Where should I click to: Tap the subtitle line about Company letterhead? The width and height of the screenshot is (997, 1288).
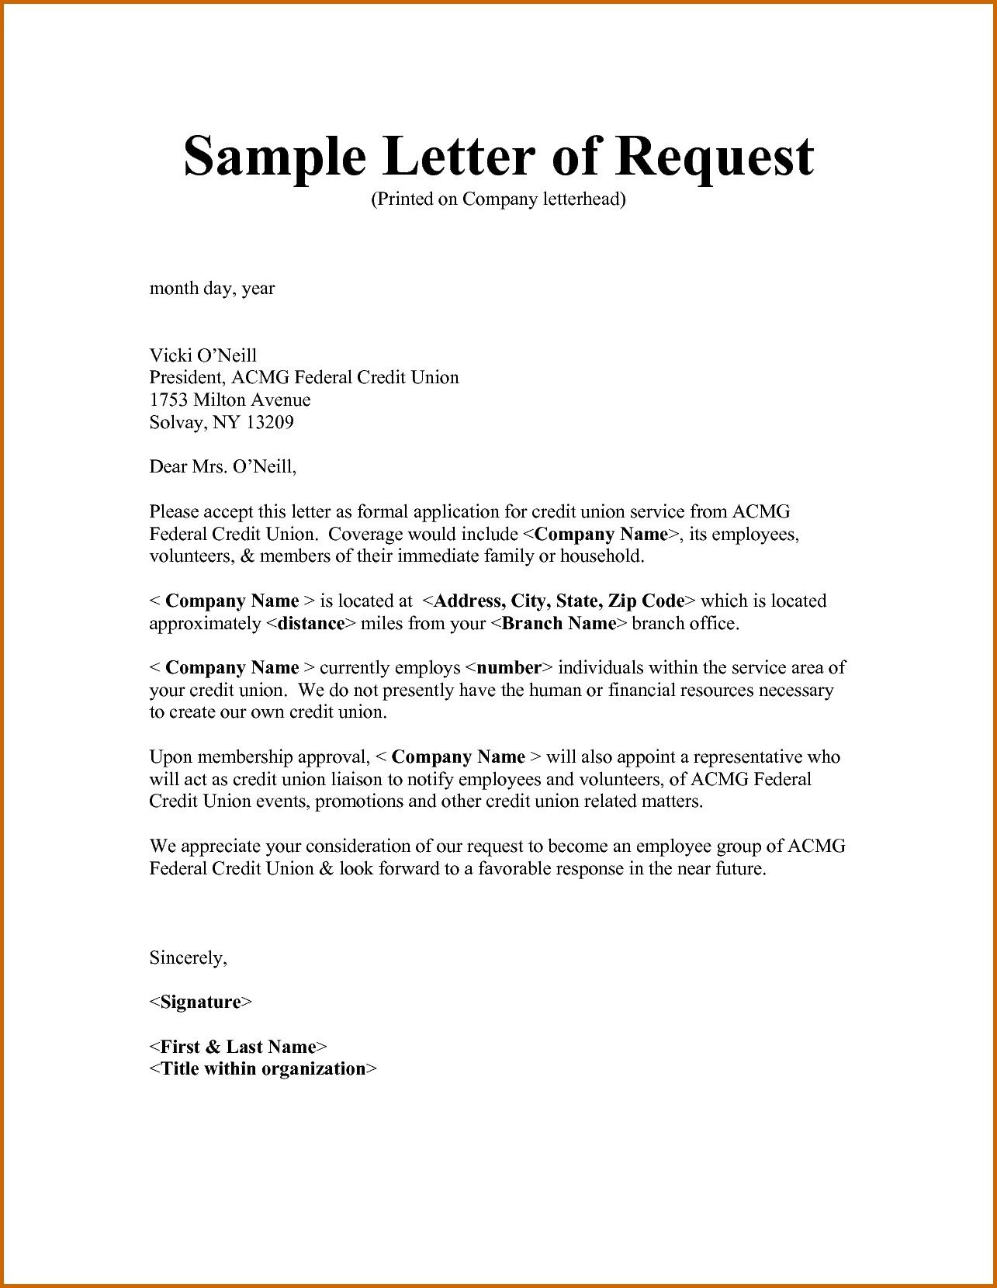coord(498,199)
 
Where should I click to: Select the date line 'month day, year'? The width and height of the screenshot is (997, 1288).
coord(212,289)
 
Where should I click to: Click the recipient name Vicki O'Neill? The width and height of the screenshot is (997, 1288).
coord(203,355)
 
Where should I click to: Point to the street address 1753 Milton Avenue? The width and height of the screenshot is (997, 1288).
coord(230,400)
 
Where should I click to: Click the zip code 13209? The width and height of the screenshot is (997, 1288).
coord(270,423)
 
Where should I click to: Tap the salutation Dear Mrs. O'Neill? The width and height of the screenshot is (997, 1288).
coord(223,467)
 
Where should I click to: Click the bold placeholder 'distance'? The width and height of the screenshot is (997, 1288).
coord(310,624)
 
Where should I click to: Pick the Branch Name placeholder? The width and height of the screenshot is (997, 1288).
coord(559,624)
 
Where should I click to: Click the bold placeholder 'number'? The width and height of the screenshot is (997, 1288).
coord(509,668)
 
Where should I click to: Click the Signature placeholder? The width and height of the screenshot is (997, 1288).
coord(200,1002)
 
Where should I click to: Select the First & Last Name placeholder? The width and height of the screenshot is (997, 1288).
coord(238,1047)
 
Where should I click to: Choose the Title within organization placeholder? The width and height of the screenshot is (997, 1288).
coord(263,1069)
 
